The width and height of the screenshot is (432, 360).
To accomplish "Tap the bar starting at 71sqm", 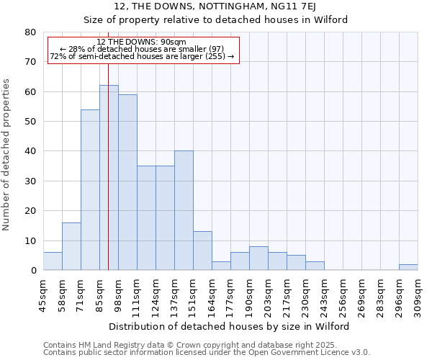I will pos(90,190).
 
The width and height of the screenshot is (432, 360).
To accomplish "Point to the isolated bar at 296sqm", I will pos(408,267).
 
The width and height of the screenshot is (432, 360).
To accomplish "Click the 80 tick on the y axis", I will pos(30,32).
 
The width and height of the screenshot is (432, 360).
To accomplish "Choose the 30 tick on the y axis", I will pos(30,181).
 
